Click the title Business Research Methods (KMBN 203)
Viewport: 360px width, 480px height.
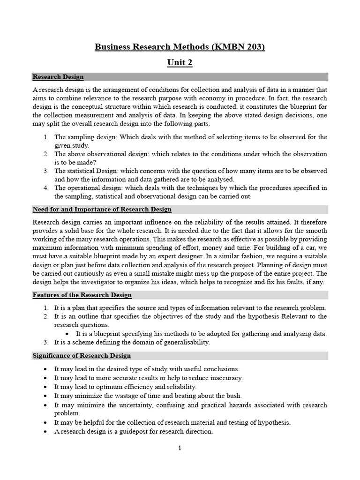coord(180,47)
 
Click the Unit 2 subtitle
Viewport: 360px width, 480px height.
coord(180,63)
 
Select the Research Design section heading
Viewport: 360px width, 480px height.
coord(58,77)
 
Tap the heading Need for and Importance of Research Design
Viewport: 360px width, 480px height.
coord(102,209)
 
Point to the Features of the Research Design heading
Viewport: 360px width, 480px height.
coord(82,295)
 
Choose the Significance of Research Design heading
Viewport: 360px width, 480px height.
coord(82,356)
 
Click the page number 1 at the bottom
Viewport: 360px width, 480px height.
coord(180,448)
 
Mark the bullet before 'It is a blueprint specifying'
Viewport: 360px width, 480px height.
coord(68,334)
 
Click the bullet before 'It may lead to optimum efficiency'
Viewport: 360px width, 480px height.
coord(45,387)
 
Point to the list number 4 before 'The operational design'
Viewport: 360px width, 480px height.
coord(46,187)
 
